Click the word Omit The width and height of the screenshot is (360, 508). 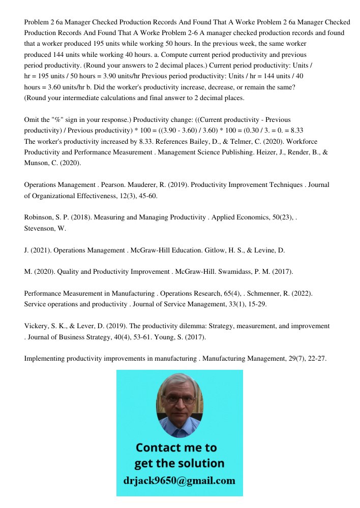33,120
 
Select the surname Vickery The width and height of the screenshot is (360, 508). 38,326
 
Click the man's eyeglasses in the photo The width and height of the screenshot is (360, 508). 179,400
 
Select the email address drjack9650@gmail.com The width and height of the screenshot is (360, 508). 179,481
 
